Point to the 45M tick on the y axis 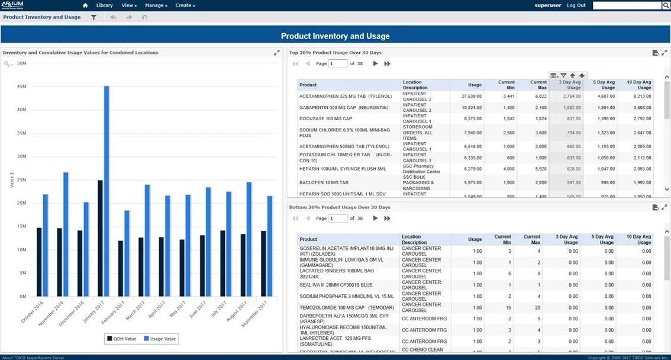pyautogui.click(x=21, y=86)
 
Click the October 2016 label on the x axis pyautogui.click(x=33, y=311)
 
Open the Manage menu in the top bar pyautogui.click(x=156, y=5)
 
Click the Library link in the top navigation pyautogui.click(x=104, y=5)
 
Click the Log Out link pyautogui.click(x=576, y=5)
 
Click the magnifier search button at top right pyautogui.click(x=665, y=5)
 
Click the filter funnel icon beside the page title pyautogui.click(x=93, y=17)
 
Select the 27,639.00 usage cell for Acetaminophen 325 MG pyautogui.click(x=467, y=96)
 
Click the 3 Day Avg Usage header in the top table pyautogui.click(x=566, y=85)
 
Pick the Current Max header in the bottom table pyautogui.click(x=531, y=239)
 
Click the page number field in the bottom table pyautogui.click(x=338, y=218)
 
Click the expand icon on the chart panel pyautogui.click(x=276, y=53)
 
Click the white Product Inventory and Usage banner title pyautogui.click(x=335, y=36)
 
